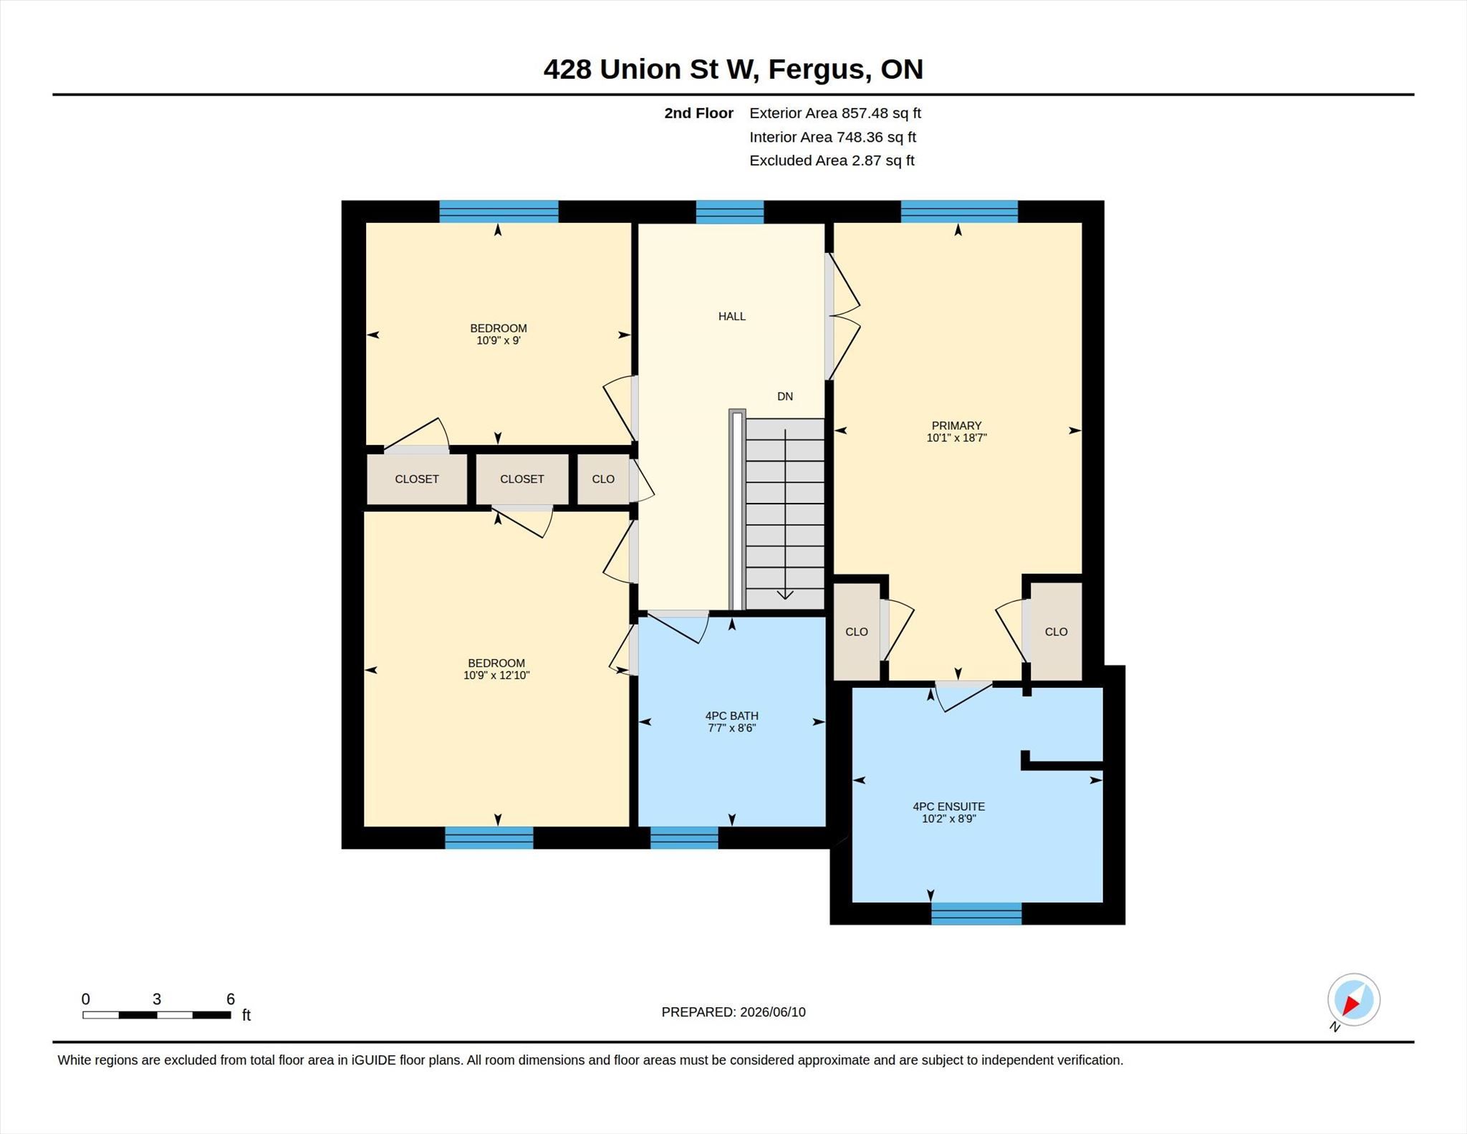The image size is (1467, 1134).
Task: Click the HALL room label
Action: (x=732, y=316)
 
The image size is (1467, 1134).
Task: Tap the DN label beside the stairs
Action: (x=785, y=396)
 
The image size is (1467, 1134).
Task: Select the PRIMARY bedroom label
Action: (x=956, y=426)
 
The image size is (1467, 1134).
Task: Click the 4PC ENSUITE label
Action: (x=948, y=807)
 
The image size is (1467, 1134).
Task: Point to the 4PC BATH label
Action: (x=731, y=716)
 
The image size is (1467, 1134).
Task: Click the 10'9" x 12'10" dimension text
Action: (x=496, y=675)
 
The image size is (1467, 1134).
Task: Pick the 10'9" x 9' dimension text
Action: (x=499, y=340)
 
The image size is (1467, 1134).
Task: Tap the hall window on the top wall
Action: (x=730, y=212)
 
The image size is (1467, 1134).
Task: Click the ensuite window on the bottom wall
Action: (x=976, y=913)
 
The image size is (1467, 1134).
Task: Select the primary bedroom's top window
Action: (x=959, y=212)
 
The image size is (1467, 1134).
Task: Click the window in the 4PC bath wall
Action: (x=684, y=838)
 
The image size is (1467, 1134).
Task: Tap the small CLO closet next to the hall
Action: (x=603, y=479)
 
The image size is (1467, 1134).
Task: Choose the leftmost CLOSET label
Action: (x=417, y=479)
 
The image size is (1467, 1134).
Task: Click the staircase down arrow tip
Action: (x=785, y=599)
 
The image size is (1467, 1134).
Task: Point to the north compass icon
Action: (x=1353, y=1000)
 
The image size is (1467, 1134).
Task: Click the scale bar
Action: (x=157, y=1015)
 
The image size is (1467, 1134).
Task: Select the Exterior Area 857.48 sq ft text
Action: (x=835, y=113)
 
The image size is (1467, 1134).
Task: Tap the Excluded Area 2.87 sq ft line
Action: (x=832, y=160)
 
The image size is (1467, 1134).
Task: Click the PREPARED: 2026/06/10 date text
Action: (x=733, y=1012)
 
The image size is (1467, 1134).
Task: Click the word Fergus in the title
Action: (x=820, y=70)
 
